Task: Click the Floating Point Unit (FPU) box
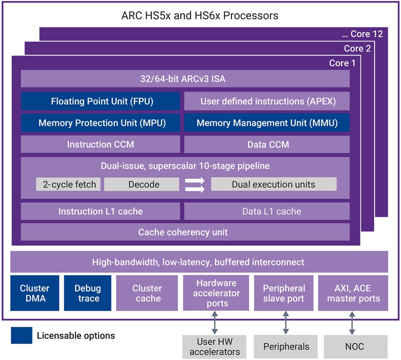[100, 101]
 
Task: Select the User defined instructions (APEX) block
[267, 101]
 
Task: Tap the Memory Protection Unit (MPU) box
[100, 123]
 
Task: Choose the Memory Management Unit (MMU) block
[267, 123]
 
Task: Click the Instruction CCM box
[100, 144]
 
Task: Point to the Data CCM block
[267, 144]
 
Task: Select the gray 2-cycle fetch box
[69, 184]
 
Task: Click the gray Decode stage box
[142, 184]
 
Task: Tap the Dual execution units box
[274, 184]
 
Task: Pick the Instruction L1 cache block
[100, 211]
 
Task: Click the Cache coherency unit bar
[185, 232]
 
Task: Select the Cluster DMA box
[34, 293]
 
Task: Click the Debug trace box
[88, 293]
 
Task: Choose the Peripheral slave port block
[284, 293]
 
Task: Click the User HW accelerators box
[216, 346]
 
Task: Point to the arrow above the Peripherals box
[285, 323]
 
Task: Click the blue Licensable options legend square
[22, 335]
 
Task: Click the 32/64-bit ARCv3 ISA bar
[185, 79]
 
